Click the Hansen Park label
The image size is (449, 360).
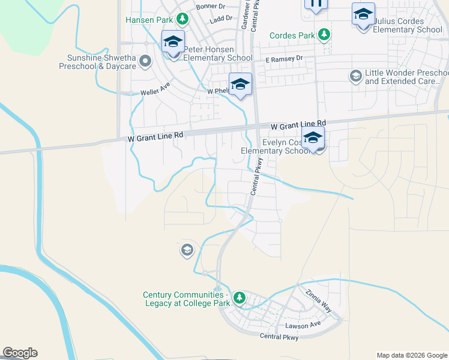148,20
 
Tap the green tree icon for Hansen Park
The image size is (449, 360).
181,19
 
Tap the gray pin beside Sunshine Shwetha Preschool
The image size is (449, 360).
145,61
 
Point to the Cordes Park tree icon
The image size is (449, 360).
324,35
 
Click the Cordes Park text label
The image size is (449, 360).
292,35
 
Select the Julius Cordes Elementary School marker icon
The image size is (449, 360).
363,14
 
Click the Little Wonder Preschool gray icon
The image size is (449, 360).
355,76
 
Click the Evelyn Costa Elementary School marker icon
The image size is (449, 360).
313,139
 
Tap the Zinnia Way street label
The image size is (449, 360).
318,301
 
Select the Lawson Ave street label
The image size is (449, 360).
303,325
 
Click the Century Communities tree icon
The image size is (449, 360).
240,298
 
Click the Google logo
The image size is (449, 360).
20,353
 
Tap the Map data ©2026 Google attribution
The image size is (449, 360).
412,355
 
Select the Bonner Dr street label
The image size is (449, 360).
209,7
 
